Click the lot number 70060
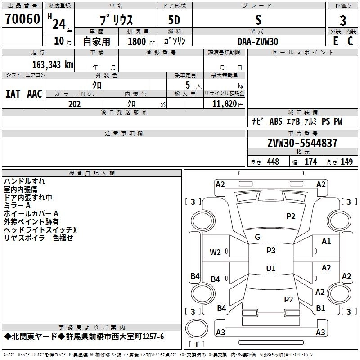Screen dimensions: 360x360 click(22, 19)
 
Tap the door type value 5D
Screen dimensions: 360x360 click(175, 20)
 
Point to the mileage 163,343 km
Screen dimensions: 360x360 click(53, 65)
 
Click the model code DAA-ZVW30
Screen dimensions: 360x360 click(258, 41)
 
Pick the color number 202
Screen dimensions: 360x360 click(74, 104)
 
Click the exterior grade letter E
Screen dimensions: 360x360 click(335, 41)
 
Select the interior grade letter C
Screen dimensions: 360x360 click(350, 41)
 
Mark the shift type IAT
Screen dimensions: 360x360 click(13, 94)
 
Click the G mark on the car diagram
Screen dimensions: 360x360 click(257, 237)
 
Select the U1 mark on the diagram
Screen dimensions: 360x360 click(270, 269)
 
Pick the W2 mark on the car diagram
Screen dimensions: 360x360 click(215, 252)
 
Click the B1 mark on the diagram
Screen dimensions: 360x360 click(320, 308)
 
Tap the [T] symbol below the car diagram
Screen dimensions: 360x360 click(196, 344)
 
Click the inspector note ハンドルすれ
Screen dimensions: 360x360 click(24, 181)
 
